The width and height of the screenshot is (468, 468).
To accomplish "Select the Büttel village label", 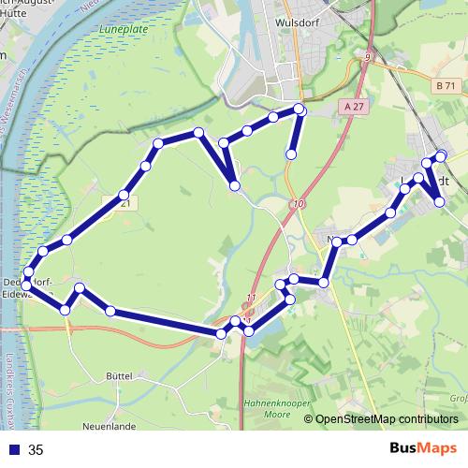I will tap(121, 374).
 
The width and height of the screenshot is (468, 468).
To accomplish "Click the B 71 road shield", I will tap(445, 86).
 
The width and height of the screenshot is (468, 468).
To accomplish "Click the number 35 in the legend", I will tap(37, 450).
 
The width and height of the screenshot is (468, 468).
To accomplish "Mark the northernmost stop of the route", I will tap(300, 110).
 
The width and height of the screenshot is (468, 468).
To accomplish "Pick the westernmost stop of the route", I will tap(27, 272).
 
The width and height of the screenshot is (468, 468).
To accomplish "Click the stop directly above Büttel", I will tap(110, 311).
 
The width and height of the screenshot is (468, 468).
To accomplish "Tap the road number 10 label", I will tap(297, 204).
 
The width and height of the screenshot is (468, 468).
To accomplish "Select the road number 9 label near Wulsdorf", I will tap(368, 58).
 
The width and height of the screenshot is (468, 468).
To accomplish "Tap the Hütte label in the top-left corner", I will tap(16, 16).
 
